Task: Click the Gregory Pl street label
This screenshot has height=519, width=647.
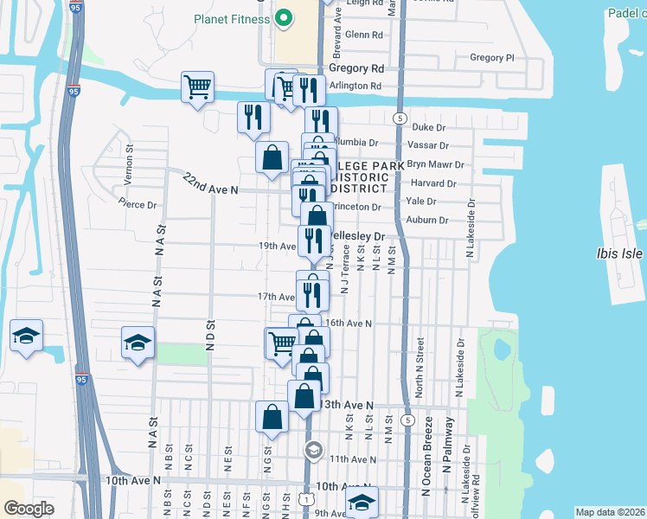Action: tap(491, 58)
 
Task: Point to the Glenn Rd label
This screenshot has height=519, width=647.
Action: tap(363, 35)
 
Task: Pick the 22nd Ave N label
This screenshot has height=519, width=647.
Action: tap(210, 183)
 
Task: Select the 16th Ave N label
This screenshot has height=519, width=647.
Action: tap(350, 323)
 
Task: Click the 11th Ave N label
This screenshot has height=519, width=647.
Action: tap(352, 458)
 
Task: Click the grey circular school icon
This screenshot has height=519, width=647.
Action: tap(313, 450)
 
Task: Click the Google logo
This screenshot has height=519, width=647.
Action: tap(29, 508)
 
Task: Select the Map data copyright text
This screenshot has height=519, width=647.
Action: tap(610, 512)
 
